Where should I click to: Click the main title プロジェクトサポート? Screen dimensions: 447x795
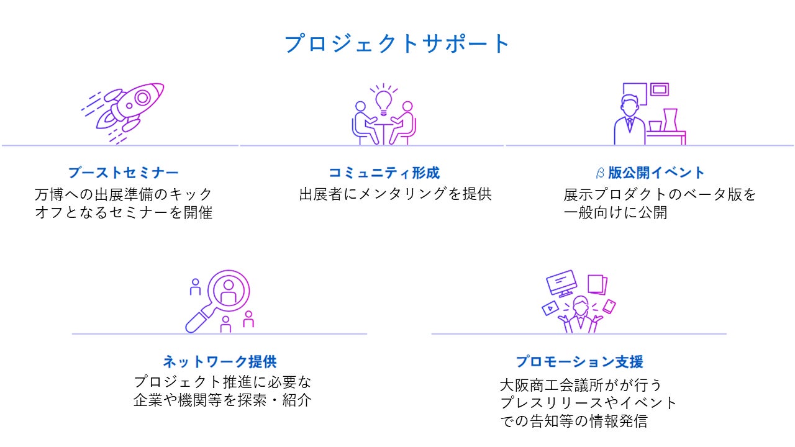pyautogui.click(x=397, y=44)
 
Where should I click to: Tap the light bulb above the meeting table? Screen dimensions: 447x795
pyautogui.click(x=384, y=100)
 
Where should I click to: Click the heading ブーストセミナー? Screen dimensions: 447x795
pyautogui.click(x=123, y=173)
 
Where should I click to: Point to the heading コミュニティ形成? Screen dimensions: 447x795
pyautogui.click(x=384, y=173)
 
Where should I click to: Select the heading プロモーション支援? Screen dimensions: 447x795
pyautogui.click(x=579, y=361)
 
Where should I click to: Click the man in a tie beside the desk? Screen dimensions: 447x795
pyautogui.click(x=629, y=121)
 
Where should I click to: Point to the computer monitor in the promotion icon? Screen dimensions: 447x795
pyautogui.click(x=561, y=282)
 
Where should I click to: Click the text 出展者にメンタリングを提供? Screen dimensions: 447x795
pyautogui.click(x=395, y=194)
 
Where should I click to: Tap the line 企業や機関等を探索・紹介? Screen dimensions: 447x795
pyautogui.click(x=222, y=400)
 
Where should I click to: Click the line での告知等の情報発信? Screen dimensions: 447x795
pyautogui.click(x=573, y=422)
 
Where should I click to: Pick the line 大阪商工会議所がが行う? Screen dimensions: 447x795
pyautogui.click(x=581, y=384)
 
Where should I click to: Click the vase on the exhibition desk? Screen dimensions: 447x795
pyautogui.click(x=670, y=119)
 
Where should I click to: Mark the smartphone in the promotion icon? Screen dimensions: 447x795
pyautogui.click(x=609, y=306)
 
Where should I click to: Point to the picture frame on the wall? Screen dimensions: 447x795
pyautogui.click(x=660, y=89)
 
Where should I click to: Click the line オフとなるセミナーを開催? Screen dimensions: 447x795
pyautogui.click(x=124, y=213)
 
